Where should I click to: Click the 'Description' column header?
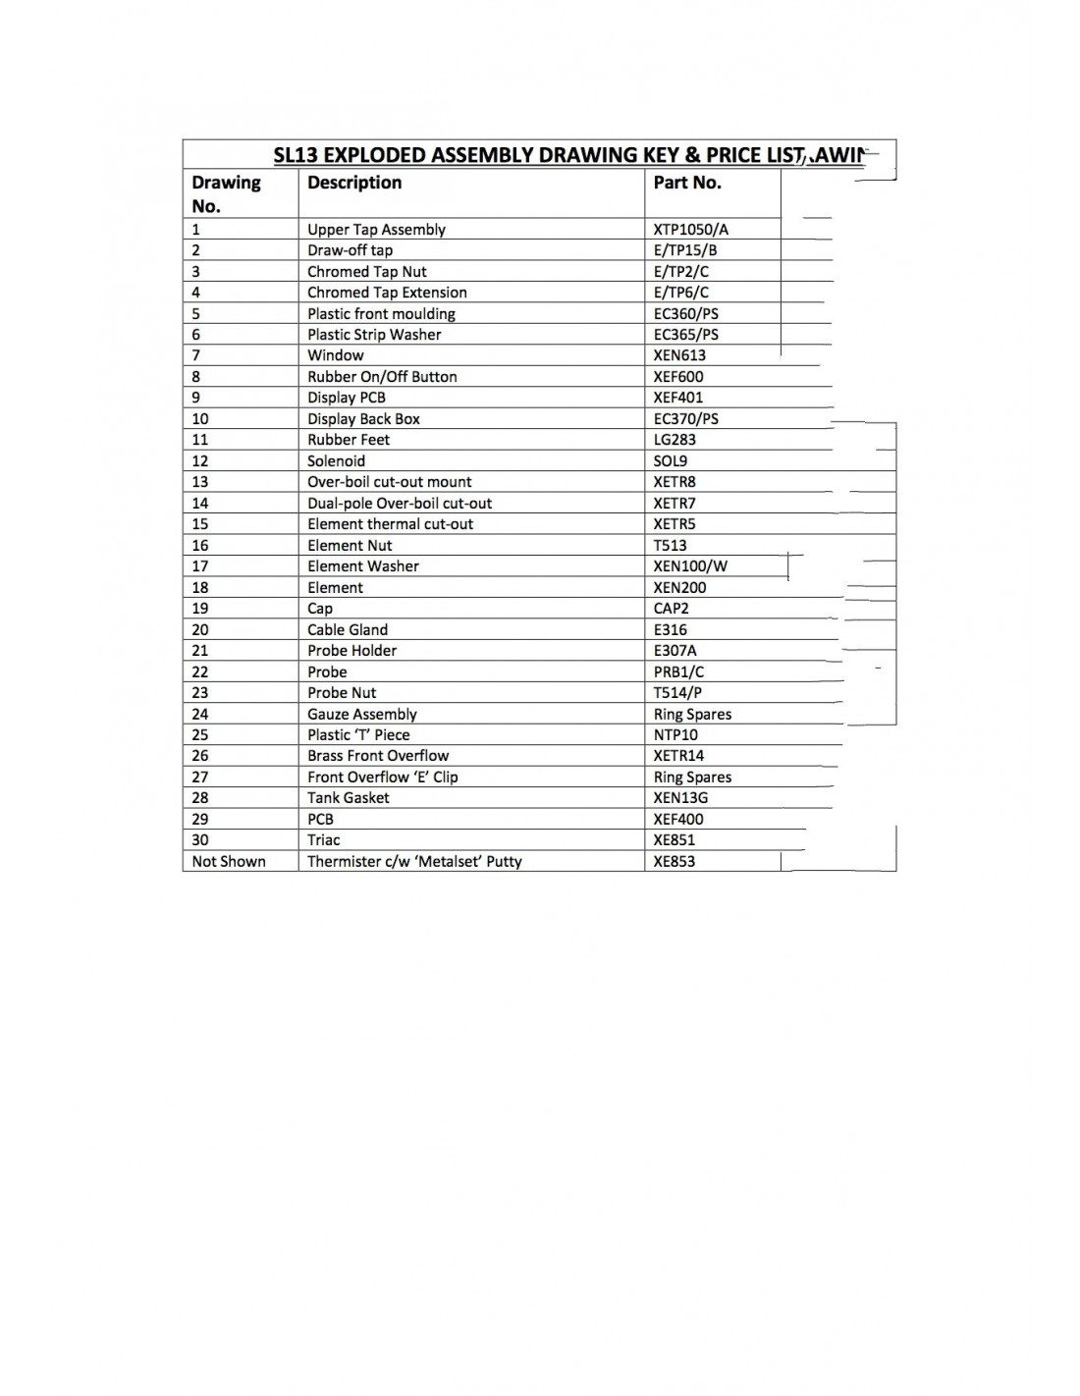pyautogui.click(x=354, y=183)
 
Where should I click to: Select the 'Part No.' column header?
pyautogui.click(x=687, y=183)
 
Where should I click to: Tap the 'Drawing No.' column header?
pyautogui.click(x=226, y=193)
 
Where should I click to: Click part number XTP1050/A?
pyautogui.click(x=691, y=230)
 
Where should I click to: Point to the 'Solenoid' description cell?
pyautogui.click(x=336, y=461)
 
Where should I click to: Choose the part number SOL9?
pyautogui.click(x=671, y=461)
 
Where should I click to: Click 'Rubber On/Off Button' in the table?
pyautogui.click(x=382, y=377)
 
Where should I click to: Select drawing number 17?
pyautogui.click(x=200, y=566)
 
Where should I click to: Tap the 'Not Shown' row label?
pyautogui.click(x=229, y=862)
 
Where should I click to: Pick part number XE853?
pyautogui.click(x=675, y=862)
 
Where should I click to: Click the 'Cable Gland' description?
pyautogui.click(x=348, y=630)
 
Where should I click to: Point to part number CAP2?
pyautogui.click(x=672, y=609)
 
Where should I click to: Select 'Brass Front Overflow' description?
pyautogui.click(x=378, y=756)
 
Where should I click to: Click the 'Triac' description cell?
pyautogui.click(x=324, y=840)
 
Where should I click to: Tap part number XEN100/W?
pyautogui.click(x=690, y=566)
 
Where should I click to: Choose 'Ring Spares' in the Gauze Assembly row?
pyautogui.click(x=692, y=715)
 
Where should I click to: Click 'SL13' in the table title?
pyautogui.click(x=296, y=155)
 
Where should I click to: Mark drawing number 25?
pyautogui.click(x=200, y=735)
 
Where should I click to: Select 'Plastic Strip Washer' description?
pyautogui.click(x=374, y=335)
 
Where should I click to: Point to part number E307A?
pyautogui.click(x=675, y=651)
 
